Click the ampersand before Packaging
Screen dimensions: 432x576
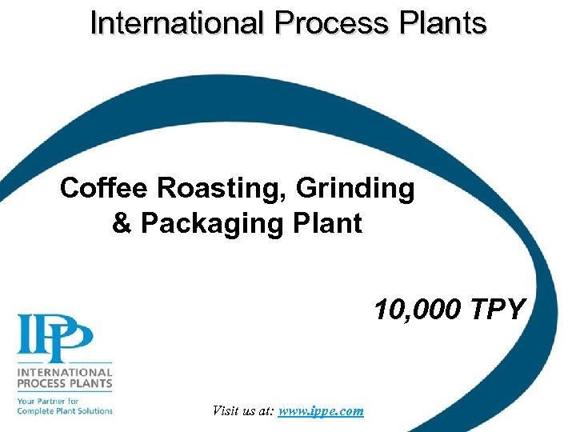122,223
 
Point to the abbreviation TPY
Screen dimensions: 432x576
496,309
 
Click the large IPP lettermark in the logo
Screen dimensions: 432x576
55,337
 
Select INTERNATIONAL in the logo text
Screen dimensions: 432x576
65,373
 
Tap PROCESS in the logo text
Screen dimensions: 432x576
42,384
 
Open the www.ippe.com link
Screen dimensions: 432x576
321,411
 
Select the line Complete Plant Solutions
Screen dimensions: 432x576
65,410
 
